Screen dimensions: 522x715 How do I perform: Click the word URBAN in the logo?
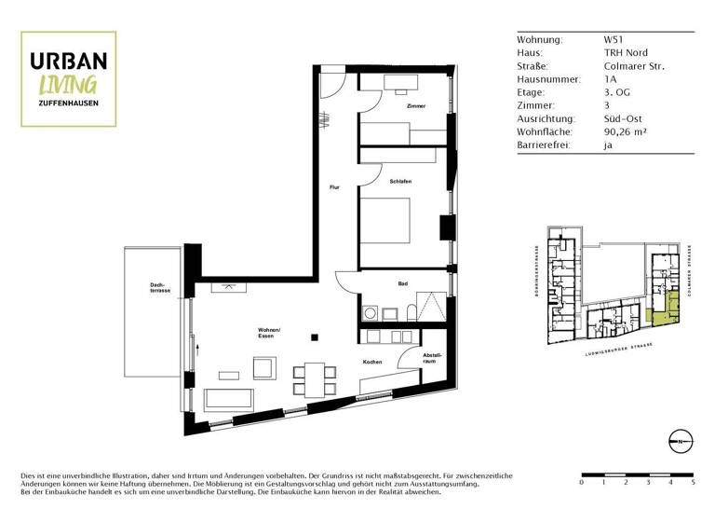(x=69, y=61)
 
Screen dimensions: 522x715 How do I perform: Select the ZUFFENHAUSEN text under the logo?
(x=69, y=102)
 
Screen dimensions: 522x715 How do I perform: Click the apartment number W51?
(x=614, y=40)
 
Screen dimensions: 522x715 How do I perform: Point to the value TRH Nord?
(x=626, y=53)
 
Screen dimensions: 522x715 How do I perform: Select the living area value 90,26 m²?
(x=627, y=132)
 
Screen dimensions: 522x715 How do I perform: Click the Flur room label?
(x=334, y=187)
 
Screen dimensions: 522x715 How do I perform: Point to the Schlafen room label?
(x=401, y=182)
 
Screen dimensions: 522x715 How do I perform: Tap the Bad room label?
(x=402, y=283)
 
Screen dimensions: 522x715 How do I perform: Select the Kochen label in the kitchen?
(x=372, y=362)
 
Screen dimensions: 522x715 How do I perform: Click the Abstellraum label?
(x=432, y=357)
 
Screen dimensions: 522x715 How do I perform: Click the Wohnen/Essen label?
(x=270, y=333)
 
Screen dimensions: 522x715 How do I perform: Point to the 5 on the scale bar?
(x=693, y=483)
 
